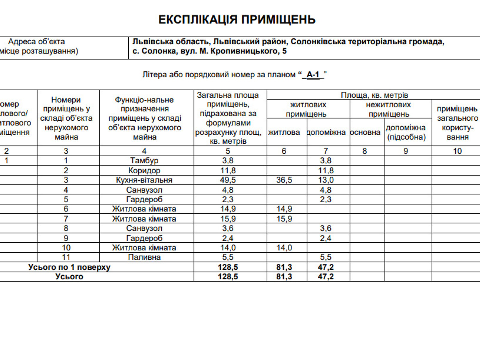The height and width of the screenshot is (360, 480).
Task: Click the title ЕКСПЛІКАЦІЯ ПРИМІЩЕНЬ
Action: pyautogui.click(x=237, y=20)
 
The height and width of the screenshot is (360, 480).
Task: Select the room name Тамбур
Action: pyautogui.click(x=144, y=160)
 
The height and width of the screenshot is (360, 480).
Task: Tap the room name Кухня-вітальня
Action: pyautogui.click(x=144, y=180)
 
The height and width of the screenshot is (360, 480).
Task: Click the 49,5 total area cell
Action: pyautogui.click(x=228, y=180)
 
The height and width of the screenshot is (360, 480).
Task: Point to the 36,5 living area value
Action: pyautogui.click(x=284, y=180)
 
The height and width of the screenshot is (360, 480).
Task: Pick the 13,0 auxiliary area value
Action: pyautogui.click(x=326, y=180)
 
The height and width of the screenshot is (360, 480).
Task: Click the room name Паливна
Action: pyautogui.click(x=144, y=257)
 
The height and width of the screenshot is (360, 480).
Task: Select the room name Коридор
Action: pyautogui.click(x=144, y=170)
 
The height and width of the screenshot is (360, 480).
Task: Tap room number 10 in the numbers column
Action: pyautogui.click(x=66, y=247)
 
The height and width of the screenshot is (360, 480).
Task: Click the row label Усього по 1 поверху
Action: pyautogui.click(x=69, y=267)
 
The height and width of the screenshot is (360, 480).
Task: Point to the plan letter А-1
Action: pyautogui.click(x=313, y=75)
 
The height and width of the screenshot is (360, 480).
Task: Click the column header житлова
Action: pyautogui.click(x=284, y=132)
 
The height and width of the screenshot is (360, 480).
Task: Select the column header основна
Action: pyautogui.click(x=365, y=132)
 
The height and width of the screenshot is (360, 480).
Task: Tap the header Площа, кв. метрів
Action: pyautogui.click(x=374, y=95)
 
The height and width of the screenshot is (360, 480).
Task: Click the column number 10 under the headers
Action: pyautogui.click(x=457, y=151)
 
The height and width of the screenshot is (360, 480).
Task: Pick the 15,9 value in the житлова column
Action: pyautogui.click(x=284, y=219)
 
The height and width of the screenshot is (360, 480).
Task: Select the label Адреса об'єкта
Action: pyautogui.click(x=36, y=42)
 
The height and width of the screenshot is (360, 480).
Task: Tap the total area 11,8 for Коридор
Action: pyautogui.click(x=228, y=170)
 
